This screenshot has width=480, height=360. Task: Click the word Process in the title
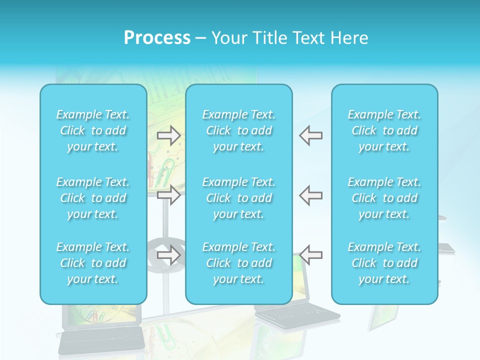[157, 38]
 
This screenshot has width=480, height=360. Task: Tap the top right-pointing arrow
[169, 135]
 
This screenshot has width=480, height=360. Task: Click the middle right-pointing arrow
[169, 195]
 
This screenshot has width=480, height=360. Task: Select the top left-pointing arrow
[311, 135]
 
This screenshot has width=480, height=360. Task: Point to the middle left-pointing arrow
[311, 195]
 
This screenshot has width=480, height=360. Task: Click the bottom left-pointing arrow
[311, 255]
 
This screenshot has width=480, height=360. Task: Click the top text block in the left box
[93, 130]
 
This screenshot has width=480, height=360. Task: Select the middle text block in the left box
[93, 198]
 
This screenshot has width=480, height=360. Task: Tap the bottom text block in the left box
[93, 263]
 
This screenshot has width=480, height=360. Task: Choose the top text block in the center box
[239, 130]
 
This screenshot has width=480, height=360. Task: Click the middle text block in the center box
[239, 198]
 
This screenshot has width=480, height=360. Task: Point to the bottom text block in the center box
[239, 263]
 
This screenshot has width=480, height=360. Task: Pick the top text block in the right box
[384, 130]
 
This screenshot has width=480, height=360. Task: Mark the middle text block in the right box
[384, 198]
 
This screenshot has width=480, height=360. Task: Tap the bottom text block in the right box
[384, 263]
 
